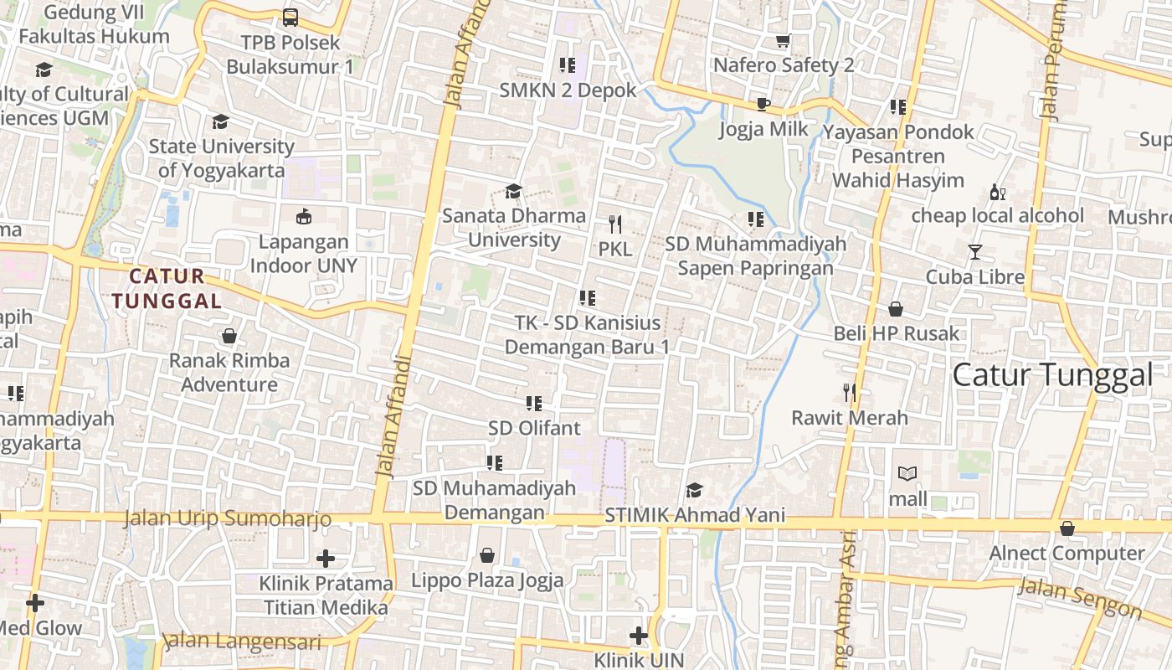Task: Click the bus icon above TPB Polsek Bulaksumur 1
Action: (x=290, y=17)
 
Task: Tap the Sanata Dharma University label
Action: (x=514, y=228)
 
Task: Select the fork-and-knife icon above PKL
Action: (x=615, y=224)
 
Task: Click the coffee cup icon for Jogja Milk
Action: (x=763, y=104)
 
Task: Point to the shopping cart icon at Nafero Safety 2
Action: (x=784, y=40)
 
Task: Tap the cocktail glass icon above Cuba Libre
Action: (x=974, y=251)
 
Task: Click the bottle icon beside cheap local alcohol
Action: (x=997, y=192)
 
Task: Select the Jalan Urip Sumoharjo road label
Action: (x=228, y=519)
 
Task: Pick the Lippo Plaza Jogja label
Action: (x=487, y=580)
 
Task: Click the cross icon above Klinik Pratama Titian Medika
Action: (x=326, y=558)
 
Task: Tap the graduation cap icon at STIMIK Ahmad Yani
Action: (x=694, y=490)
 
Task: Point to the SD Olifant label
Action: (x=534, y=428)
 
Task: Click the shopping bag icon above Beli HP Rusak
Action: (x=896, y=309)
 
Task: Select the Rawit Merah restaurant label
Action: (x=850, y=417)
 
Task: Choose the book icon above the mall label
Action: (x=907, y=474)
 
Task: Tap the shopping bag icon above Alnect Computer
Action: (x=1067, y=528)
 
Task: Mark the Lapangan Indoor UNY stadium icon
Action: (x=304, y=217)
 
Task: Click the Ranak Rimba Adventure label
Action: (x=229, y=373)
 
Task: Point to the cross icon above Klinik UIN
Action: (x=639, y=636)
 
